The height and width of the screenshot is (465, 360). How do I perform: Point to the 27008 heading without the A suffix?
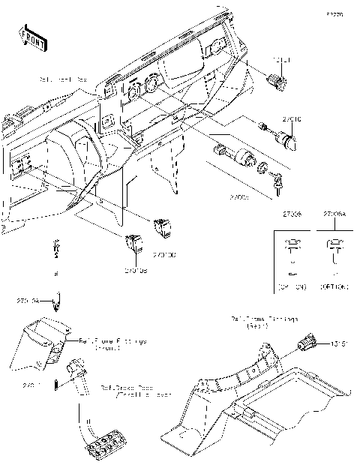[292, 214]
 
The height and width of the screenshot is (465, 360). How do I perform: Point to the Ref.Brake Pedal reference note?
[135, 391]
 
